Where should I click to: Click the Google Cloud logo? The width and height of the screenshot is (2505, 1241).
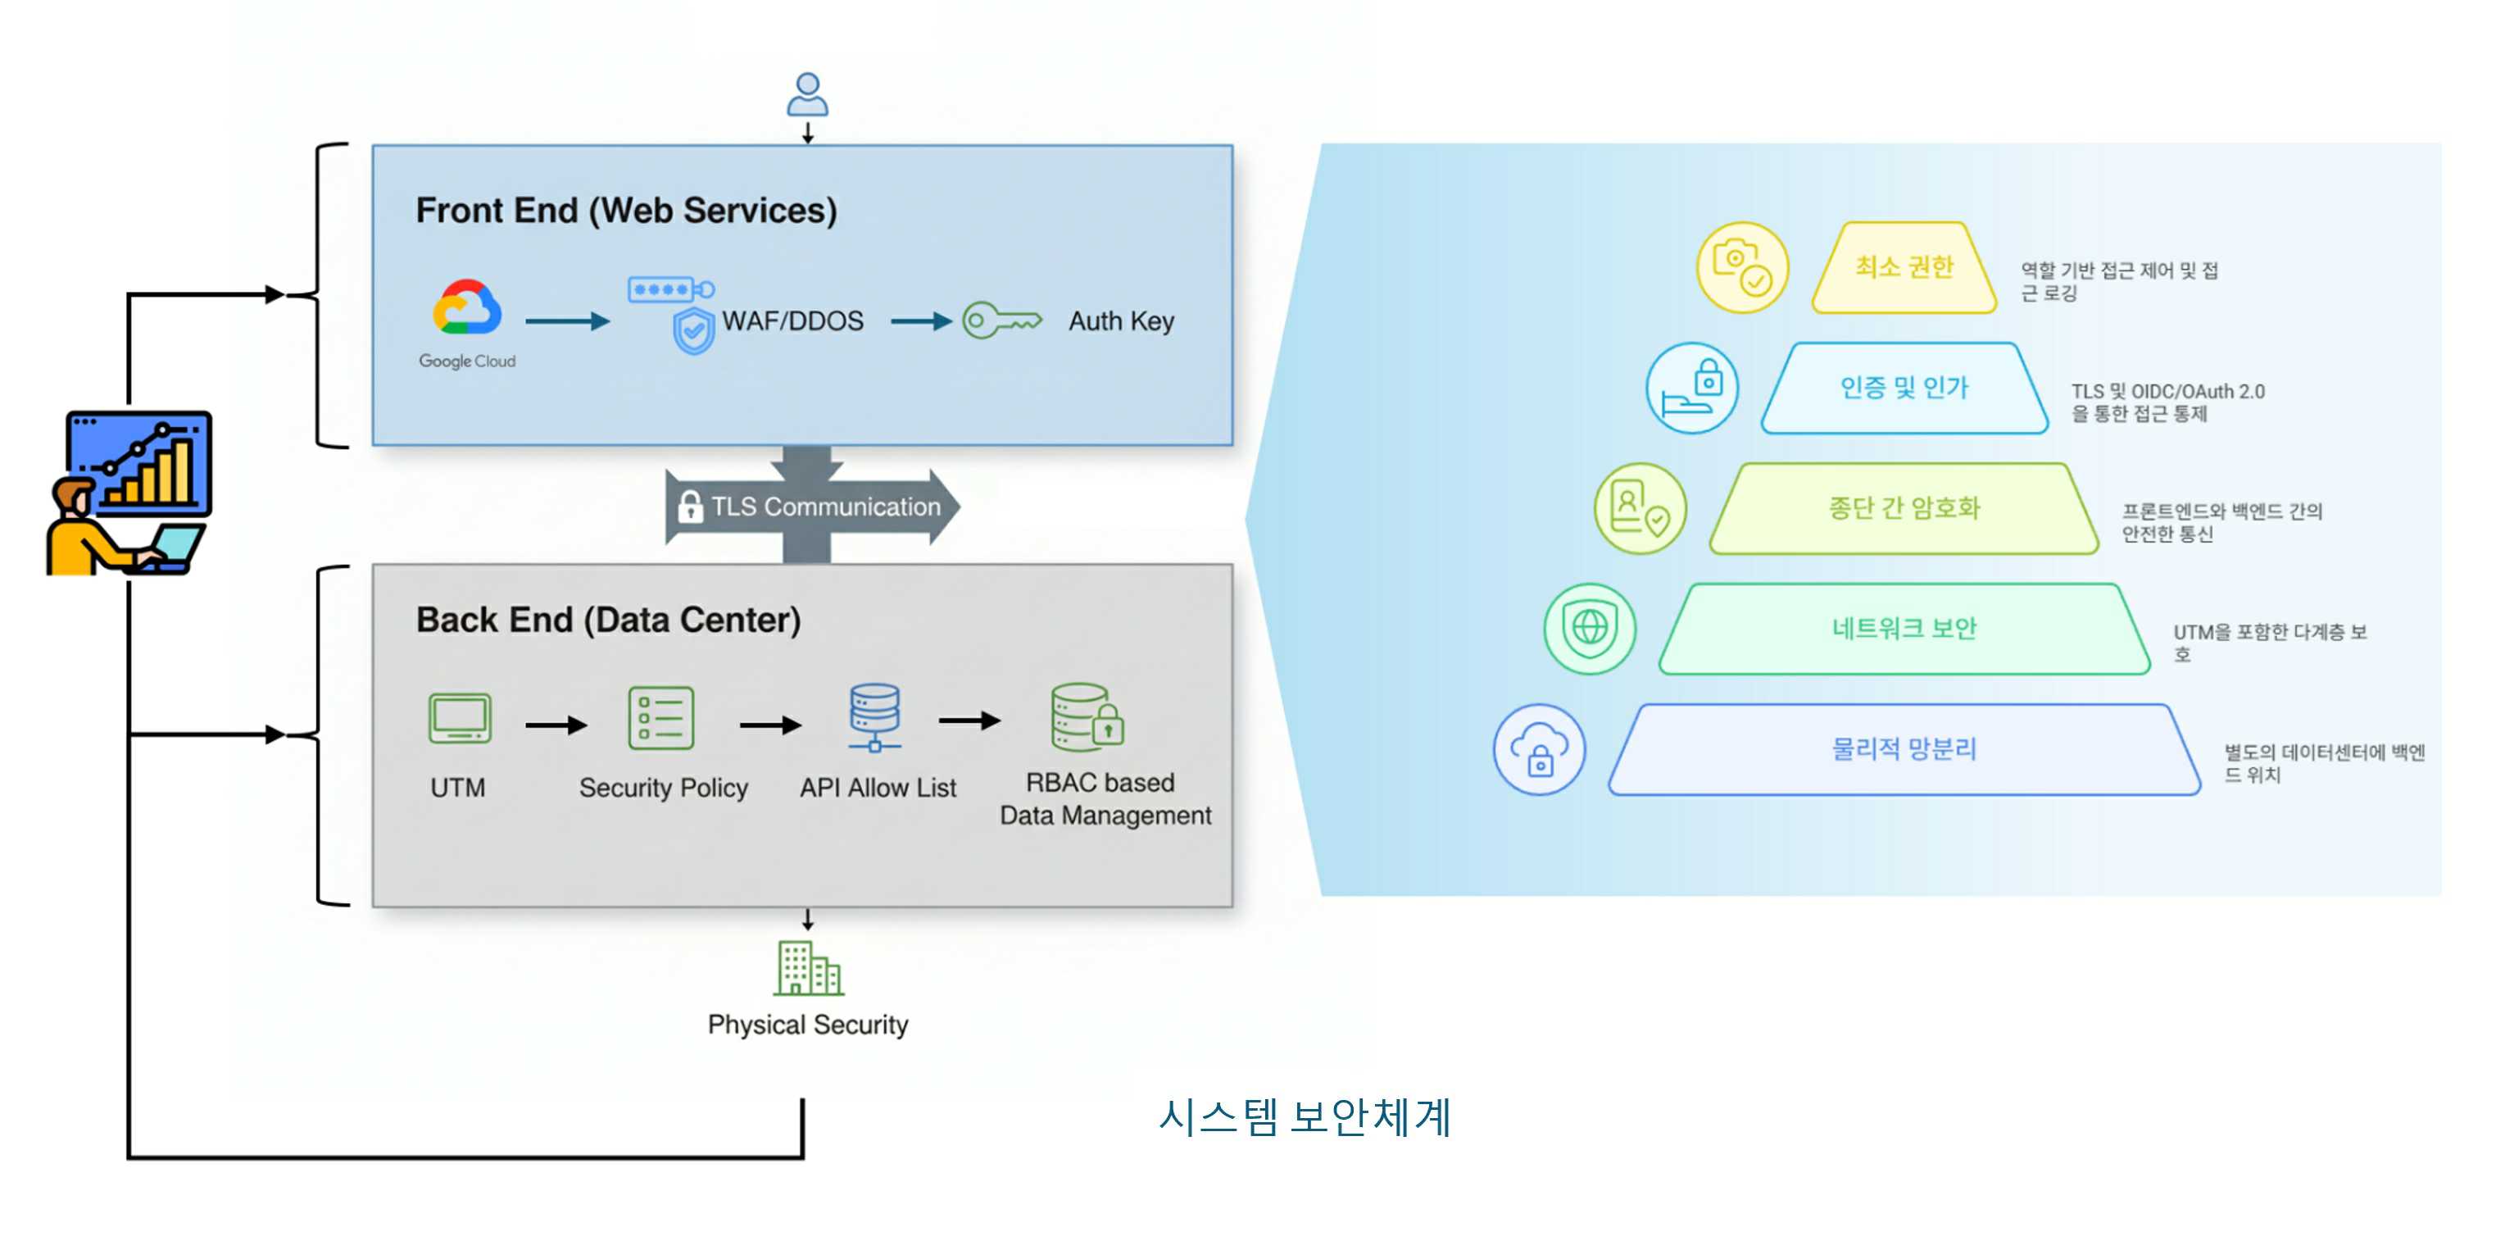467,309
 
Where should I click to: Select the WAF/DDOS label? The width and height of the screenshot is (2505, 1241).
792,321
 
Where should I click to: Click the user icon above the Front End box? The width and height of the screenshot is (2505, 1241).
807,94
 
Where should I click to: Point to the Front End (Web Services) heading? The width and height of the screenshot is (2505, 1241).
626,210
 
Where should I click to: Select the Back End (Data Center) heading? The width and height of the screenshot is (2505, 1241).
608,620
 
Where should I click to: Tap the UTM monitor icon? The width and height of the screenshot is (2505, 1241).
459,719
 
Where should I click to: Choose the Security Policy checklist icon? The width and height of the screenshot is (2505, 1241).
661,719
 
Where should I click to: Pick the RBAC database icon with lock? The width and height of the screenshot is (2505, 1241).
1087,716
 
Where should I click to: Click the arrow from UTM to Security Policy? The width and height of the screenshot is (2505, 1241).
556,725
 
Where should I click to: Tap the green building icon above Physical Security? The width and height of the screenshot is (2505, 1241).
808,968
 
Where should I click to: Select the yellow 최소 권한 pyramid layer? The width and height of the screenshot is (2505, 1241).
1903,267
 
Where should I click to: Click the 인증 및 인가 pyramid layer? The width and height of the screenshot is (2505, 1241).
1903,388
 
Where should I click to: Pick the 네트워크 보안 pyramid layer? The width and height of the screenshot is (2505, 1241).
1903,628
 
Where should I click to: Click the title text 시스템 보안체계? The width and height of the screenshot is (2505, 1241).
1304,1116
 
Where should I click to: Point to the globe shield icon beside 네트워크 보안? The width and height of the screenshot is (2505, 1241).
1590,628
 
